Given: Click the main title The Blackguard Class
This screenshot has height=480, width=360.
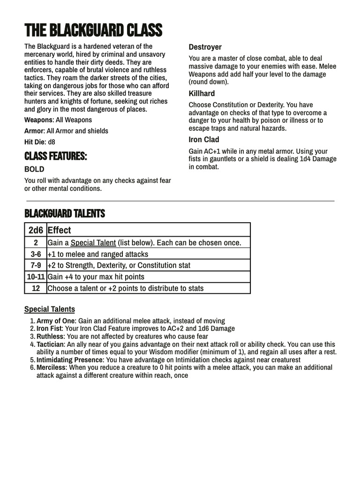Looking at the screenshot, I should tap(93, 31).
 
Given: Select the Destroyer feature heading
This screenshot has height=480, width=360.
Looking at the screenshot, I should tap(205, 47).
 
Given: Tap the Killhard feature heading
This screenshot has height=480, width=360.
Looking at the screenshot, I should tap(202, 94).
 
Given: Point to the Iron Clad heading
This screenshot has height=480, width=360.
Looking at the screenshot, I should tap(204, 140).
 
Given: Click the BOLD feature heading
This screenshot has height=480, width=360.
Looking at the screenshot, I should tap(34, 169).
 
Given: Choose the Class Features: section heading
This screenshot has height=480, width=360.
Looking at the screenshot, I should tap(55, 156).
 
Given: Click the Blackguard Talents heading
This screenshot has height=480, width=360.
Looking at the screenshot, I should tap(65, 214).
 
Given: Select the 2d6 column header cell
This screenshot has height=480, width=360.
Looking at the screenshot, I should tap(36, 230).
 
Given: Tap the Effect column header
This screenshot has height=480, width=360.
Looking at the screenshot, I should tap(60, 230).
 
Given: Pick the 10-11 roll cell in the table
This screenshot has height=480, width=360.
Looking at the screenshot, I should tap(36, 277).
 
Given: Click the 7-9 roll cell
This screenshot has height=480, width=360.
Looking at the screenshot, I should tap(36, 265).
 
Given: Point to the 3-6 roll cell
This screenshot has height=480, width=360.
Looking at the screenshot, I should tap(36, 254).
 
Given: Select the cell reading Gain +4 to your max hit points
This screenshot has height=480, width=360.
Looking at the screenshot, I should tap(96, 277).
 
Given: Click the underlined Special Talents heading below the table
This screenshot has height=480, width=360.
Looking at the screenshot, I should tap(50, 309).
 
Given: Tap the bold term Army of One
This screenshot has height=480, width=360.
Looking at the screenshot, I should tap(56, 321).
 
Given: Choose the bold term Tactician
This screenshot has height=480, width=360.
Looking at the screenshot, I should tap(51, 344).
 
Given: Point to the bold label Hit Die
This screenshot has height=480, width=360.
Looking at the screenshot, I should tap(35, 142).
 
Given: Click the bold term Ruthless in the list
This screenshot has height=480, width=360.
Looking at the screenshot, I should tap(50, 337).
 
